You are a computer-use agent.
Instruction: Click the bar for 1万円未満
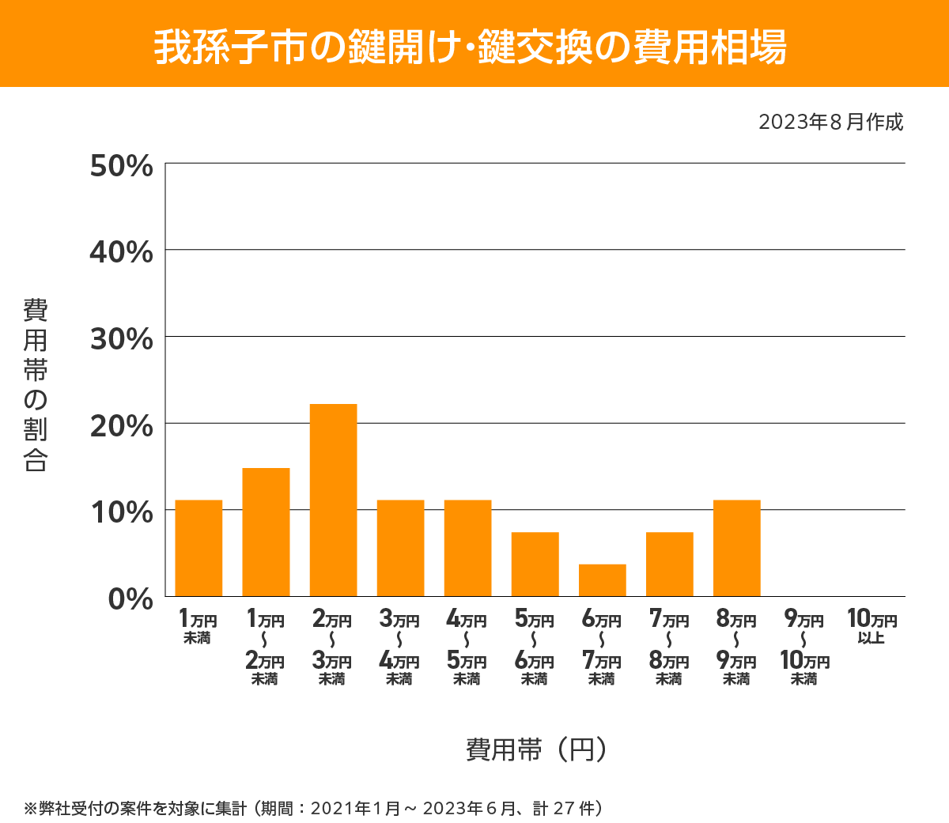(198, 548)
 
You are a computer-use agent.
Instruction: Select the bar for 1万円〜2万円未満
(266, 532)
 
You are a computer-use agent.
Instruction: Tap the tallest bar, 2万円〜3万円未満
(333, 500)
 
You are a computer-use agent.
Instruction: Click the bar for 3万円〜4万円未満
(400, 548)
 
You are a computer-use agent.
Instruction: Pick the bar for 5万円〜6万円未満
(535, 564)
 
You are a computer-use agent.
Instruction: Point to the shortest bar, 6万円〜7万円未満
(602, 579)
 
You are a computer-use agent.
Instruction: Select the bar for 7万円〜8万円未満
(669, 564)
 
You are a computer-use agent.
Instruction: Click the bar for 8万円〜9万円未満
(736, 548)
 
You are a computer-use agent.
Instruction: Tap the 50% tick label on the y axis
(121, 166)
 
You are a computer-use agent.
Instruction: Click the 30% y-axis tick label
(121, 339)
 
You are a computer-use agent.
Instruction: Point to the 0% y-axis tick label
(130, 598)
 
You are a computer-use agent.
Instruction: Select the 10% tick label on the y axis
(121, 512)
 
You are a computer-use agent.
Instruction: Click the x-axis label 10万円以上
(871, 627)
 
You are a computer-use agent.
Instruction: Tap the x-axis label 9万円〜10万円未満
(804, 647)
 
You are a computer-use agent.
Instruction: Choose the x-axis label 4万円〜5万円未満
(467, 647)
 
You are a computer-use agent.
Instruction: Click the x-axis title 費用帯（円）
(536, 749)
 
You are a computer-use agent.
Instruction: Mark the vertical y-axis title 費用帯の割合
(36, 385)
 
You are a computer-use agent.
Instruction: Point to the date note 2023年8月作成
(830, 123)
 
